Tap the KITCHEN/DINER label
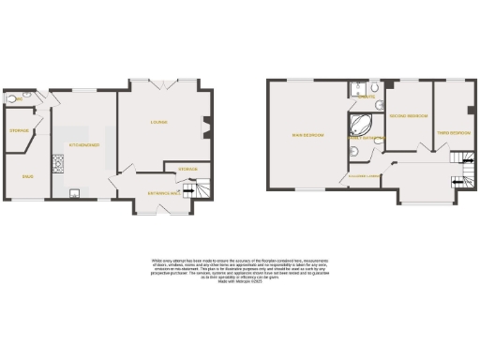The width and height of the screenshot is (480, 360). coord(83,144)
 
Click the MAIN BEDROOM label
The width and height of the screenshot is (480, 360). coord(308,135)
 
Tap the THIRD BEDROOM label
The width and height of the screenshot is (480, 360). coord(453,133)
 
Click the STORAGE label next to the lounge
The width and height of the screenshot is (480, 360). coord(187,169)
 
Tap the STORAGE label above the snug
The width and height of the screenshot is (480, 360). coord(18,131)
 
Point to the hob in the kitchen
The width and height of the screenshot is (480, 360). coord(57,167)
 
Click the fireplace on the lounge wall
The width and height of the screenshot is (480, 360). coord(207,123)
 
